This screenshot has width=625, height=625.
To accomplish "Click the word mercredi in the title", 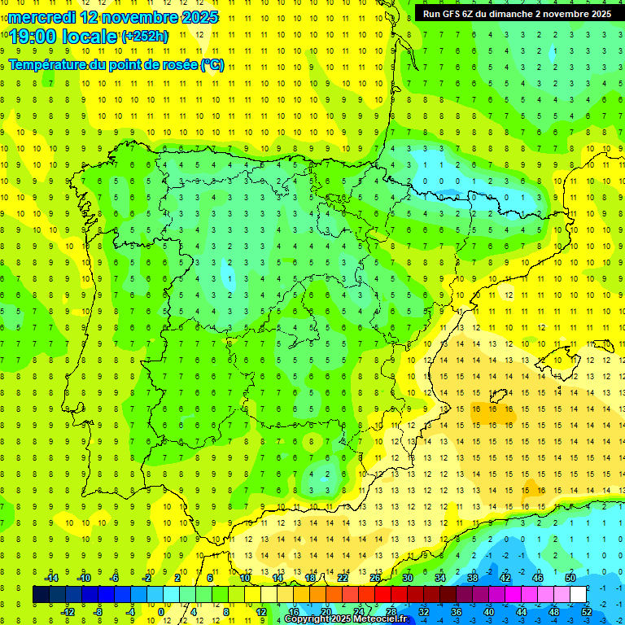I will pos(42,17).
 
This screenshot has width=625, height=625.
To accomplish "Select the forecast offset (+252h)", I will pos(145,37).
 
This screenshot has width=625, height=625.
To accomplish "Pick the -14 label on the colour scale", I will pos(50,577).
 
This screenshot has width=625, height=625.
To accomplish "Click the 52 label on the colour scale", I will pos(587,611).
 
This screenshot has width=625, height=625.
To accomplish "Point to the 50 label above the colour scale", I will pos(570,577).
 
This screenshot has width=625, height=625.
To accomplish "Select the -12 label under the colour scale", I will pos(67,611).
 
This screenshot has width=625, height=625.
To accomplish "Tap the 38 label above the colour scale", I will pos(472,577).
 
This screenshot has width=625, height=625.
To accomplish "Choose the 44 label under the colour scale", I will pos(522,611).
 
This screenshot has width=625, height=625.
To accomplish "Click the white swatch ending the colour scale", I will pos(579,594).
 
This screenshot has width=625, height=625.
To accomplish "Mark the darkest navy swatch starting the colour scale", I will pos(41,594).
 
